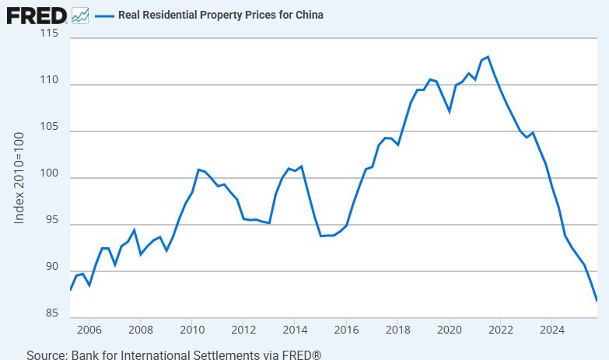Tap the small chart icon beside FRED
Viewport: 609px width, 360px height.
(80, 15)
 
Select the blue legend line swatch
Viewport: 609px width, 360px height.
(103, 15)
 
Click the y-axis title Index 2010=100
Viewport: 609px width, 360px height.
(20, 178)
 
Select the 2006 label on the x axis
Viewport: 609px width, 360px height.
(89, 330)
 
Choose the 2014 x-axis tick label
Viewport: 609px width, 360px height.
(295, 330)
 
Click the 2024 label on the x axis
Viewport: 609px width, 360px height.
(551, 330)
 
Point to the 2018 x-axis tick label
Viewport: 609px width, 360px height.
(397, 330)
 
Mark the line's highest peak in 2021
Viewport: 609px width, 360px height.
(488, 57)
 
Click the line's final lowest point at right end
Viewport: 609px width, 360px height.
(597, 300)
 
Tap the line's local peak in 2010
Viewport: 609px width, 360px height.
(198, 169)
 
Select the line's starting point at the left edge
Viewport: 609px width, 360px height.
(70, 289)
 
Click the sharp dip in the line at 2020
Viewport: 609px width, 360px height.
(450, 112)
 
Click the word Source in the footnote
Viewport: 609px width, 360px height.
(46, 355)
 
